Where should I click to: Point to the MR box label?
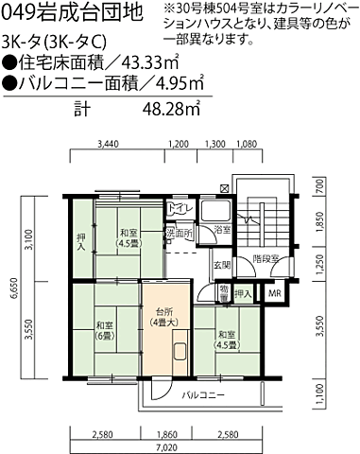pyautogui.click(x=275, y=294)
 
